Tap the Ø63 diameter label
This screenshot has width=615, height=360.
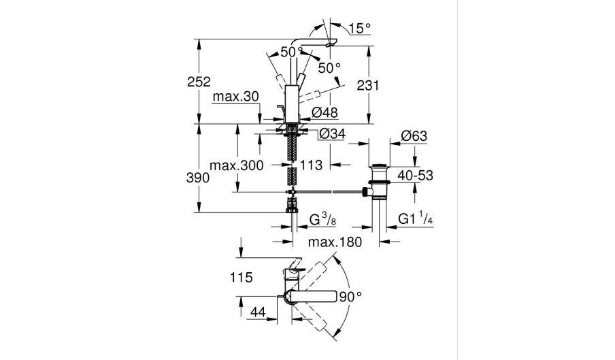pyautogui.click(x=413, y=136)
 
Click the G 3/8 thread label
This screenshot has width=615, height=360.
pyautogui.click(x=323, y=219)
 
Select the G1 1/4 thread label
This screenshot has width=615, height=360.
pyautogui.click(x=416, y=219)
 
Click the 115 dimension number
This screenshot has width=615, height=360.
pyautogui.click(x=242, y=278)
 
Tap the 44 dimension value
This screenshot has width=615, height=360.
pyautogui.click(x=258, y=312)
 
